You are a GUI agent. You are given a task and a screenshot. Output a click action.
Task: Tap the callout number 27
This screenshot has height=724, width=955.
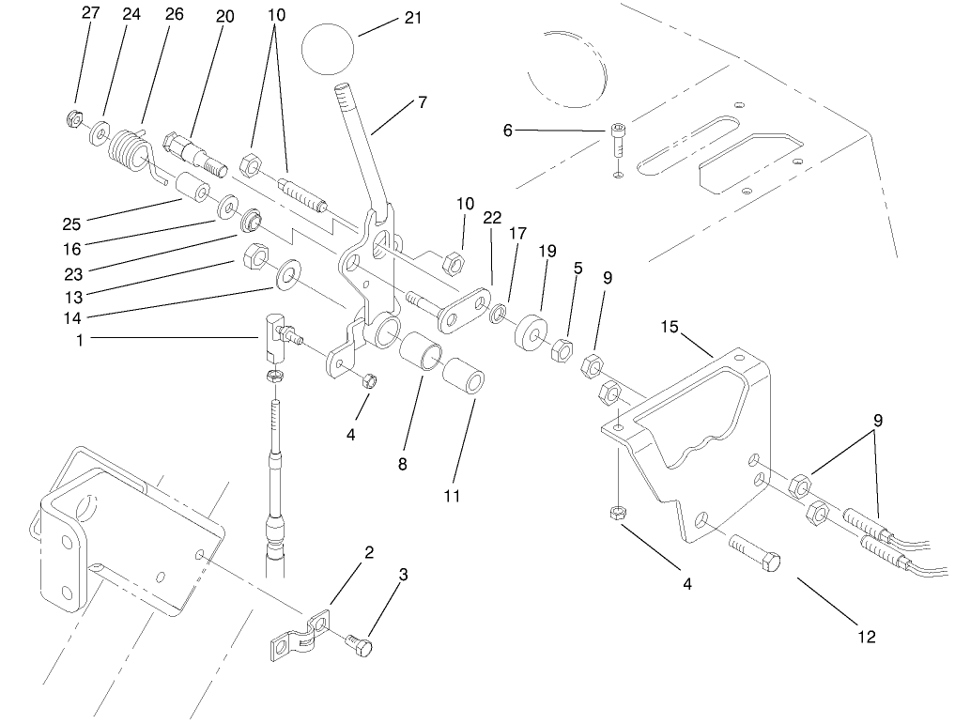[x=90, y=13]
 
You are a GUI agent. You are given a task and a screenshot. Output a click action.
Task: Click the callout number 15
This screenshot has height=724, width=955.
[x=669, y=328]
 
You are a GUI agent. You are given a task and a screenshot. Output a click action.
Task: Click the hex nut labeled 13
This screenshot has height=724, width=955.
[x=254, y=254]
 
